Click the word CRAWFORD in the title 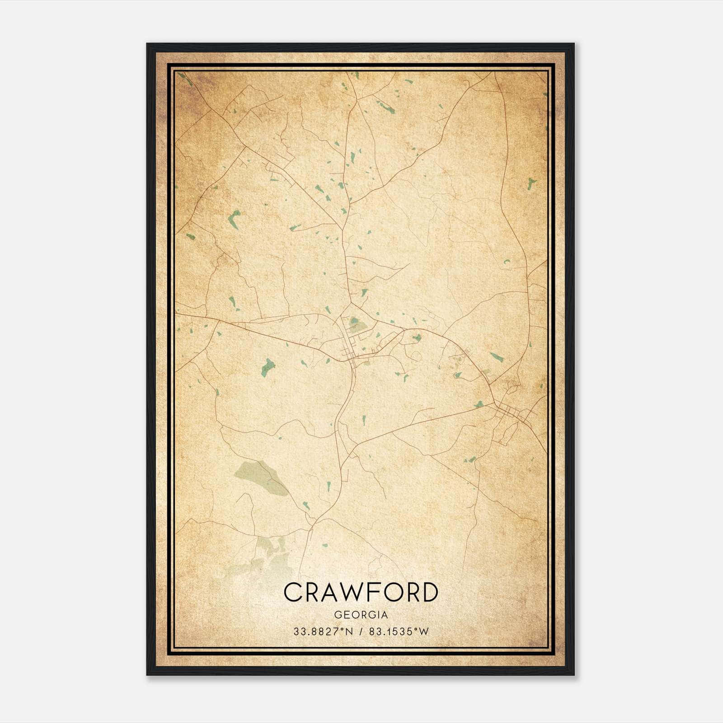pos(361,592)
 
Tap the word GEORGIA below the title pos(361,615)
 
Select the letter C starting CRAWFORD pos(293,592)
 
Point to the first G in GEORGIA pos(337,615)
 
